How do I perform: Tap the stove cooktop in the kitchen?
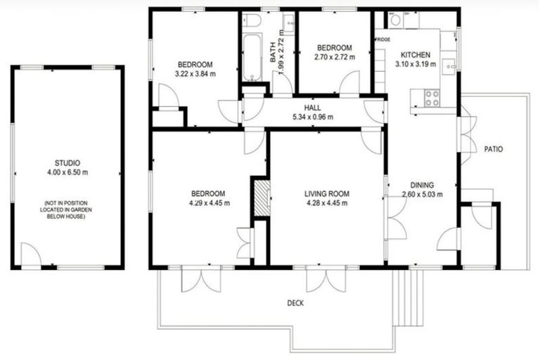pyautogui.click(x=431, y=98)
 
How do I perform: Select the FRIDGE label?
pyautogui.click(x=383, y=40)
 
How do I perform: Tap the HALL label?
pyautogui.click(x=313, y=108)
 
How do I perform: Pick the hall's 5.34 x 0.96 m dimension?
pyautogui.click(x=313, y=117)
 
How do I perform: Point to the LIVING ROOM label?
pyautogui.click(x=327, y=193)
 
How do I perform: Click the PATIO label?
pyautogui.click(x=493, y=149)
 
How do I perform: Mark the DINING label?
pyautogui.click(x=418, y=186)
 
